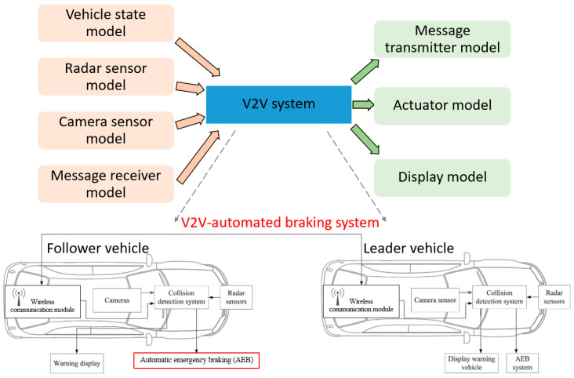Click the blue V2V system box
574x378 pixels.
278,104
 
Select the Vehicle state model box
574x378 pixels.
106,23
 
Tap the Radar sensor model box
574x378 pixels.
106,77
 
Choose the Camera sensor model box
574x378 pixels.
106,130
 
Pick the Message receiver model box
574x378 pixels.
106,184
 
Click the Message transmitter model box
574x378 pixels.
442,39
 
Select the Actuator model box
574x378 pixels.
442,106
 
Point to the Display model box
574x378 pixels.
442,178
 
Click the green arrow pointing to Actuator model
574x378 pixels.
363,105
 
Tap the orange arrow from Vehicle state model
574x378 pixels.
198,57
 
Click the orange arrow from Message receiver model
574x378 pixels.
198,157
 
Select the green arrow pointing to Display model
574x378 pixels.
365,139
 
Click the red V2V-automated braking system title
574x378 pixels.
280,223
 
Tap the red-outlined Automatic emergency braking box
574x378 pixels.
197,360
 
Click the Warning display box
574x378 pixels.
77,363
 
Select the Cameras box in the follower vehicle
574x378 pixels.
117,300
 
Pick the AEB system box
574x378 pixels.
522,363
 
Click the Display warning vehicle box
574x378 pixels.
471,363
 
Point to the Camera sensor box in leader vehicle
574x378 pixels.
435,300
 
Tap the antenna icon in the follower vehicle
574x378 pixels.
19,296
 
